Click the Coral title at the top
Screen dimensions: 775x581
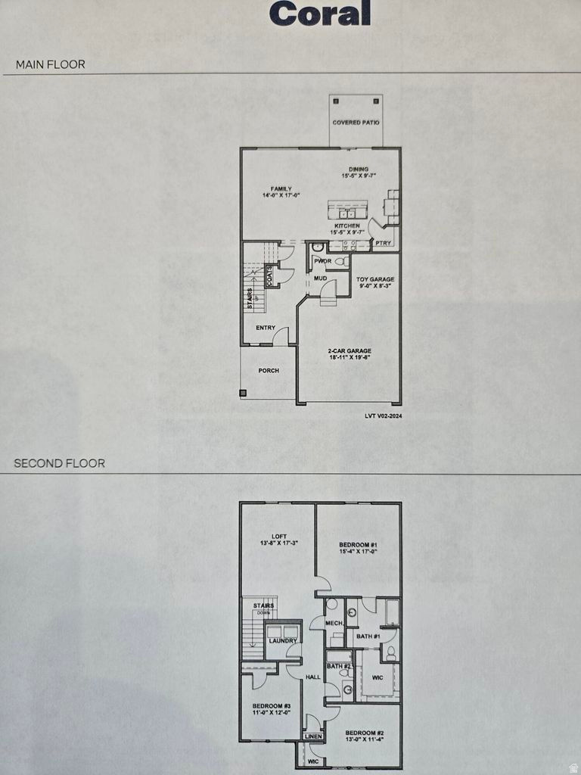[320, 13]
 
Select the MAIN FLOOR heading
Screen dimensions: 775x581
[50, 64]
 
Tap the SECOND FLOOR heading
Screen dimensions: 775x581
[59, 463]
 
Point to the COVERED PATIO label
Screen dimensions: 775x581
[356, 123]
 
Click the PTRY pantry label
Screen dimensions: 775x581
[384, 244]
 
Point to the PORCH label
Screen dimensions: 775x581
[269, 371]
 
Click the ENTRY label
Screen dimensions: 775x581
[266, 328]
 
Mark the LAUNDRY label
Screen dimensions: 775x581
[283, 641]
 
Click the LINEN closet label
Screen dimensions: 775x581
[313, 736]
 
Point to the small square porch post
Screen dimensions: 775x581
[243, 393]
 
